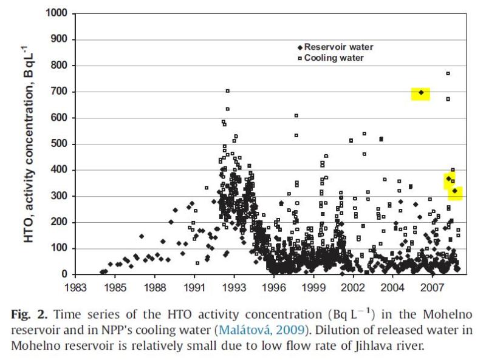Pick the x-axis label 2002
click(353, 287)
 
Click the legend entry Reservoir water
click(338, 47)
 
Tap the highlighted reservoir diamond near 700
click(421, 93)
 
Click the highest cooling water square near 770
click(448, 73)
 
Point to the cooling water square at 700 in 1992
click(227, 91)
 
